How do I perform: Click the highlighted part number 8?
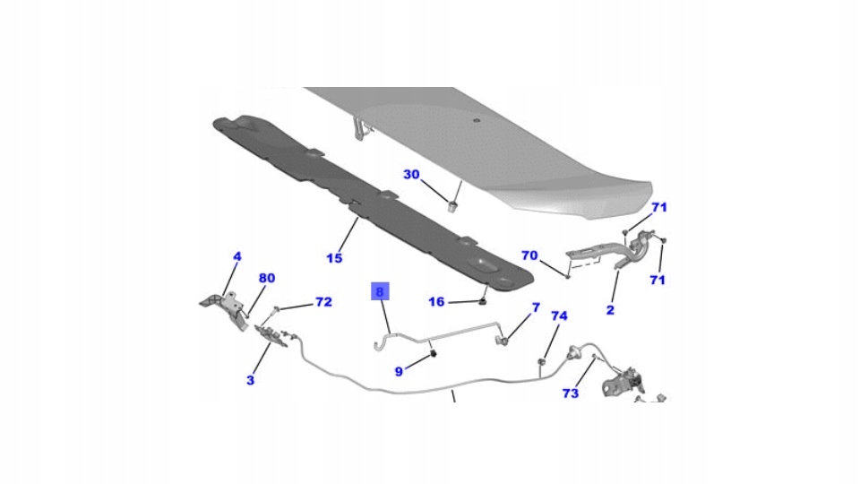click(x=379, y=291)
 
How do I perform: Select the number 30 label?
click(x=411, y=175)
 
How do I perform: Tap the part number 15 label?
click(x=334, y=258)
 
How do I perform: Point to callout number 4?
click(x=237, y=256)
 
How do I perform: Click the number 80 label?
click(x=267, y=278)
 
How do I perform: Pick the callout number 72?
click(x=323, y=303)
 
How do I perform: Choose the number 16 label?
click(x=436, y=302)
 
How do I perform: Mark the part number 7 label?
click(x=536, y=308)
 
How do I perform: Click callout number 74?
click(x=559, y=316)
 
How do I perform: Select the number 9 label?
click(x=400, y=369)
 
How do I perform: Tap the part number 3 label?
click(x=250, y=380)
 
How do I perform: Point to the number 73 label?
click(x=571, y=393)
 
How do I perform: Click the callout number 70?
click(x=529, y=255)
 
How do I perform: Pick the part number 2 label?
click(x=610, y=310)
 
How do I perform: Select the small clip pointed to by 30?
click(x=453, y=207)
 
